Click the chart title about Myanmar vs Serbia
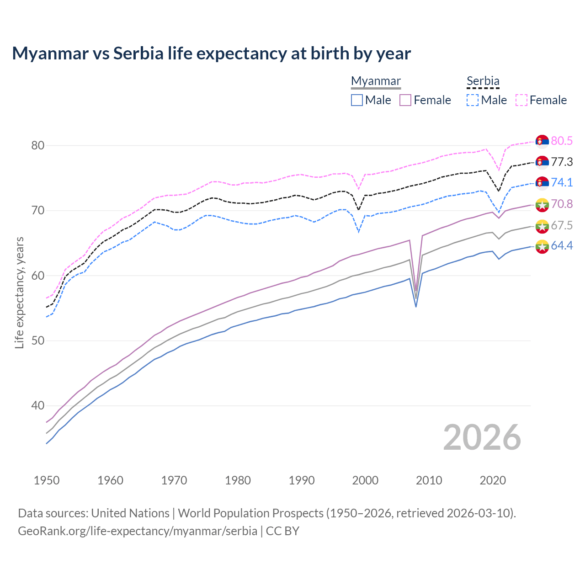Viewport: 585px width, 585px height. coord(211,53)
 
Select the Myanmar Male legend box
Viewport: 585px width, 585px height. coord(357,100)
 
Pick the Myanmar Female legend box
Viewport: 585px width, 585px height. coord(405,100)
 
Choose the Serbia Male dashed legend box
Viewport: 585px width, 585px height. coord(473,100)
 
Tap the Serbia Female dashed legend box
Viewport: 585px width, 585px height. coord(521,100)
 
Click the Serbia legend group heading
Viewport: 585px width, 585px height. coord(483,81)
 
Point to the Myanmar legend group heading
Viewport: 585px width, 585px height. coord(376,81)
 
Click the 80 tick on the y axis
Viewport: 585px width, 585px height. coord(37,146)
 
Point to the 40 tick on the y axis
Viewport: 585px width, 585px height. coord(37,406)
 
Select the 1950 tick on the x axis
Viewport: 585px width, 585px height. coord(47,480)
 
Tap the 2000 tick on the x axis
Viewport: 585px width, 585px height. coord(365,480)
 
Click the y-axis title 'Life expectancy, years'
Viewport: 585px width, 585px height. coord(20,293)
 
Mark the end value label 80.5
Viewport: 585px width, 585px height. coord(561,141)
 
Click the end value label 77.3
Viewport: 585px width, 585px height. coord(561,162)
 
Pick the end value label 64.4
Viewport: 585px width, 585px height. coord(561,246)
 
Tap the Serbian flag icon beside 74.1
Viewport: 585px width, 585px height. coord(542,183)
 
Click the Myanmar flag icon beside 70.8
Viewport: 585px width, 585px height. coord(542,204)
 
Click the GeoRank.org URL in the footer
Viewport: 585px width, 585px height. coord(137,531)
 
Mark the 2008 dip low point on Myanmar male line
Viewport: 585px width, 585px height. coord(416,306)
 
